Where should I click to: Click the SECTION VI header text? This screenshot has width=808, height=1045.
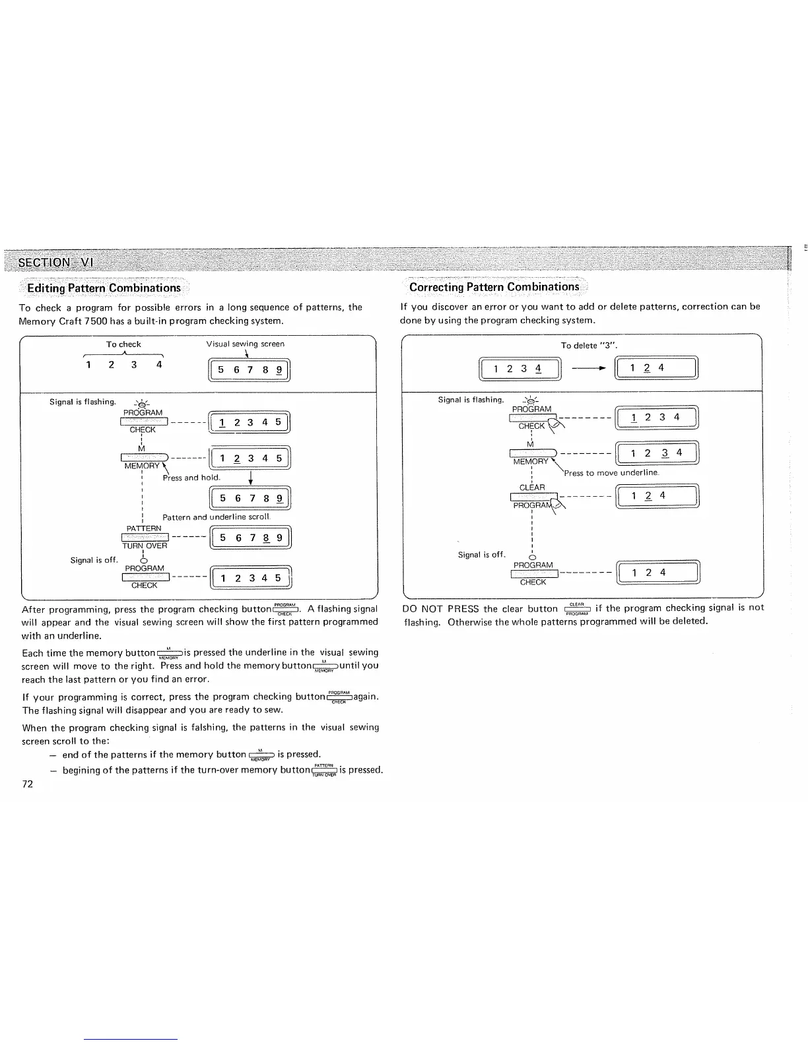pyautogui.click(x=55, y=262)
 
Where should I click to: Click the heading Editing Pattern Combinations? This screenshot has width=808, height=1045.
pyautogui.click(x=104, y=288)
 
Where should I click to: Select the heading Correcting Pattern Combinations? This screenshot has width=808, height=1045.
pyautogui.click(x=494, y=287)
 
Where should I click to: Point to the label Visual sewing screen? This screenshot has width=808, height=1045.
pyautogui.click(x=245, y=344)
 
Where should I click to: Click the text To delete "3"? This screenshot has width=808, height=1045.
pyautogui.click(x=588, y=345)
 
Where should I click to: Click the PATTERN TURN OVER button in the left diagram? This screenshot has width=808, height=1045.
pyautogui.click(x=144, y=537)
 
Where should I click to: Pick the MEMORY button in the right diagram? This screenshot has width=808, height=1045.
pyautogui.click(x=532, y=452)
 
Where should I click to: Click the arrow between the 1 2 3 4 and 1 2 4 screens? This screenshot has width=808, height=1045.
pyautogui.click(x=589, y=368)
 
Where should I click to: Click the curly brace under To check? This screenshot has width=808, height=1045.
pyautogui.click(x=123, y=354)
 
